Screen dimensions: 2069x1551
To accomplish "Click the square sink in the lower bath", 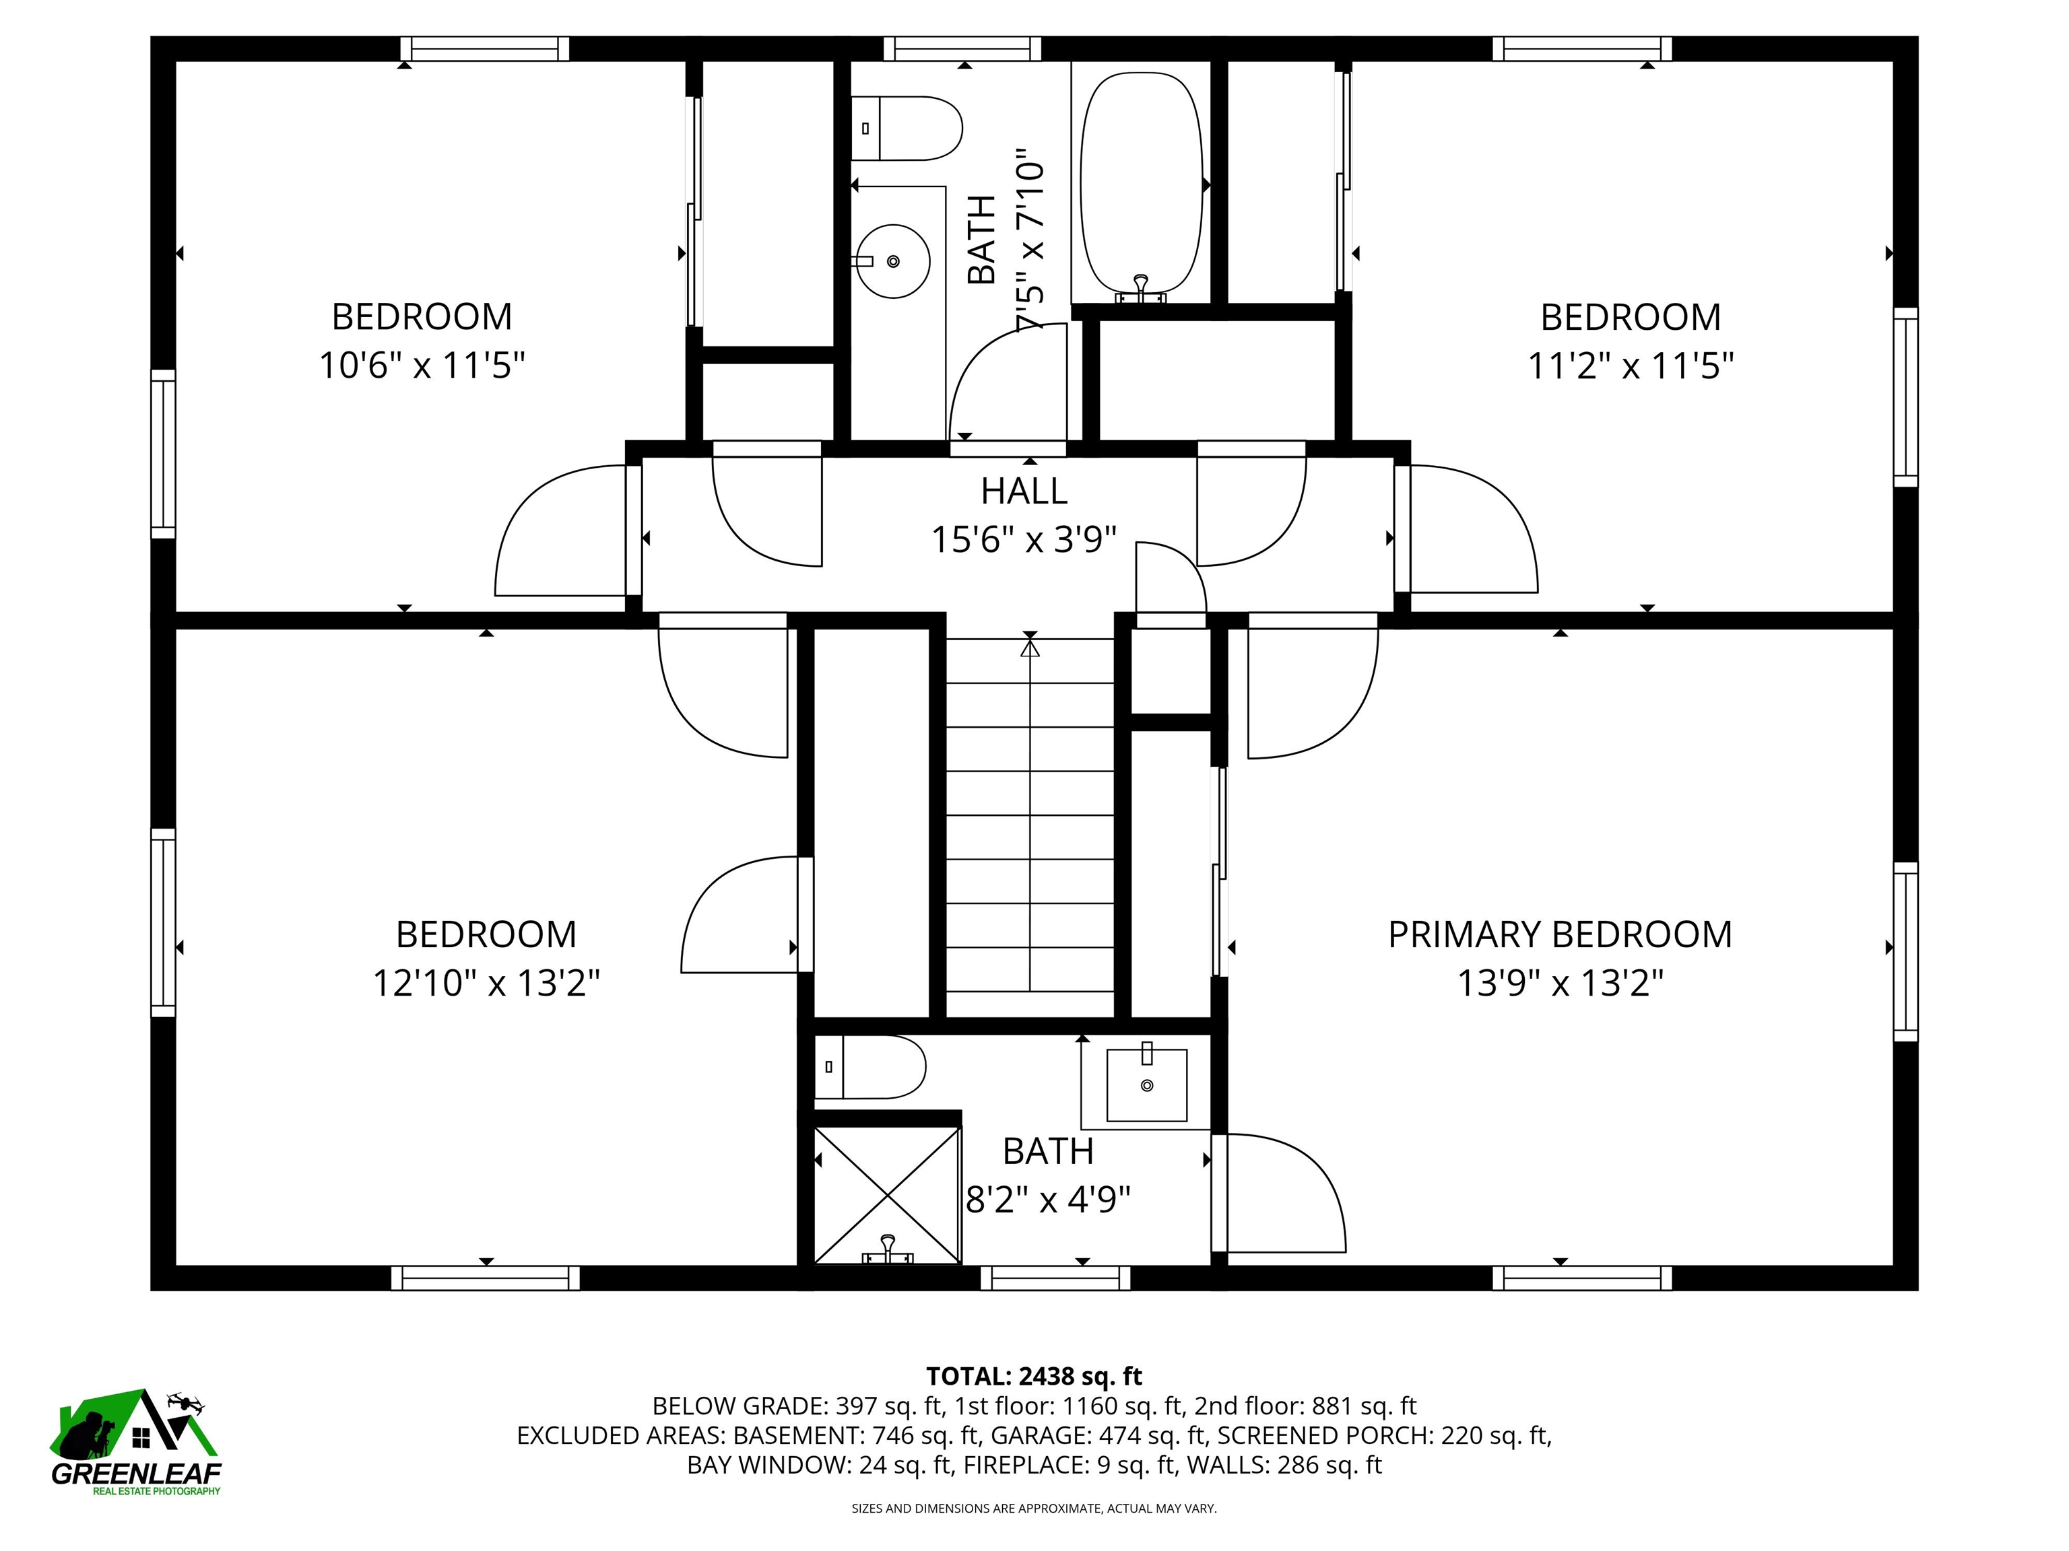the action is tap(1147, 1084).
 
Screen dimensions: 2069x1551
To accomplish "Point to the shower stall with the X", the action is tap(887, 1194).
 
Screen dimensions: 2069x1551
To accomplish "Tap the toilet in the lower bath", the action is tap(870, 1067).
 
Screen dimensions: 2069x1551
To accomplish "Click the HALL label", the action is tap(1024, 491).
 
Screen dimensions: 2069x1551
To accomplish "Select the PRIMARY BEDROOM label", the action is tap(1559, 934).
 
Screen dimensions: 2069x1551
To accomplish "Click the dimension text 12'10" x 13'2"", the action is tap(486, 983).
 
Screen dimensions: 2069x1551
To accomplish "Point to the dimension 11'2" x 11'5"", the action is tap(1631, 366).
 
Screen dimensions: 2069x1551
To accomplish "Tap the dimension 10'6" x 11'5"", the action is tap(422, 365).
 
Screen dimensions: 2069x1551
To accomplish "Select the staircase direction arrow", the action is tap(1030, 813).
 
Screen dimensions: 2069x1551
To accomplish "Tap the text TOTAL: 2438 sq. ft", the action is tap(1034, 1375).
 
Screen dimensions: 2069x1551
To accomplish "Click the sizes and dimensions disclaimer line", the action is tap(1034, 1508).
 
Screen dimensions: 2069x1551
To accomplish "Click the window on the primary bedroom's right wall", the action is tap(1905, 951).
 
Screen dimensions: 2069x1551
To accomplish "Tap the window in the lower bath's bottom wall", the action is tap(1055, 1278).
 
